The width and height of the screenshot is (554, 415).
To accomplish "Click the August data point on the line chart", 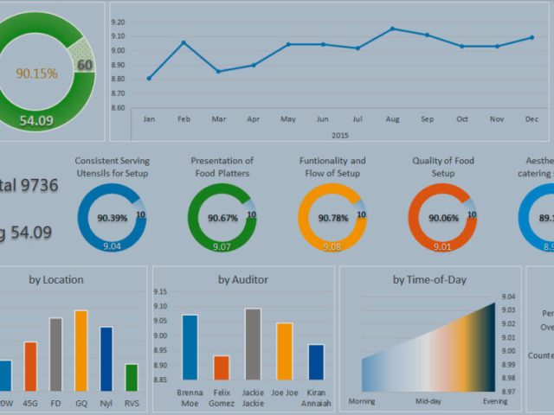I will (392, 29).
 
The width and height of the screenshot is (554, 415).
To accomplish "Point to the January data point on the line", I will (149, 79).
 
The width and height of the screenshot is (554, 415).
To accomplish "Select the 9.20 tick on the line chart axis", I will (119, 22).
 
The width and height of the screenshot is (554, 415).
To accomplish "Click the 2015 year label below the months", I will (339, 135).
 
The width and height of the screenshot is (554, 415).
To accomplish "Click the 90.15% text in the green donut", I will (37, 73).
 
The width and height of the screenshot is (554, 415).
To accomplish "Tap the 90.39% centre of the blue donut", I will (111, 218).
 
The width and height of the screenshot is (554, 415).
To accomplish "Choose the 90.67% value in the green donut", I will (222, 218).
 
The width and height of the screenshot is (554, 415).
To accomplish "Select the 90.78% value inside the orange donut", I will (332, 218).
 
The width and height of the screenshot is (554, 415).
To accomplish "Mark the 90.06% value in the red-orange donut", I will (442, 218).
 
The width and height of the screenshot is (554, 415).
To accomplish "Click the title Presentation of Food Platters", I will (222, 166).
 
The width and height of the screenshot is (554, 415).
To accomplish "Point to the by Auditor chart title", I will (243, 279).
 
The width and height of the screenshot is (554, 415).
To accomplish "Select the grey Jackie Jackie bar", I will (253, 344).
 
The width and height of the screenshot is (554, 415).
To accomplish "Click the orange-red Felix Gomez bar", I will (222, 367).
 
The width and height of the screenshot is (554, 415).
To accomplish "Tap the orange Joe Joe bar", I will (285, 351).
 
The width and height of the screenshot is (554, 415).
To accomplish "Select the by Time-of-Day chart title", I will (429, 279).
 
